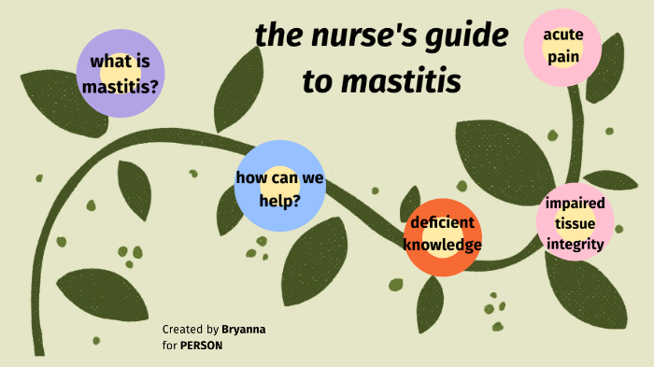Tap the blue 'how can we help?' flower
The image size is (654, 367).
click(x=280, y=187)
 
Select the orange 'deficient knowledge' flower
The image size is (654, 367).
click(x=442, y=235)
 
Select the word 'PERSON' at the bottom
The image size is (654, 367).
click(x=202, y=345)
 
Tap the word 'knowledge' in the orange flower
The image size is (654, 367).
click(x=442, y=246)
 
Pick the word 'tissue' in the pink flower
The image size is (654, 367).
click(x=576, y=224)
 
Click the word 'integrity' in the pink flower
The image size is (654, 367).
click(x=576, y=245)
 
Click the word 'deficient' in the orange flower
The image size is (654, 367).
click(x=444, y=225)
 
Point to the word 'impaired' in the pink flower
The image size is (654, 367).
click(x=576, y=204)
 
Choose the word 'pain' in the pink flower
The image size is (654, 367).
click(x=564, y=56)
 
